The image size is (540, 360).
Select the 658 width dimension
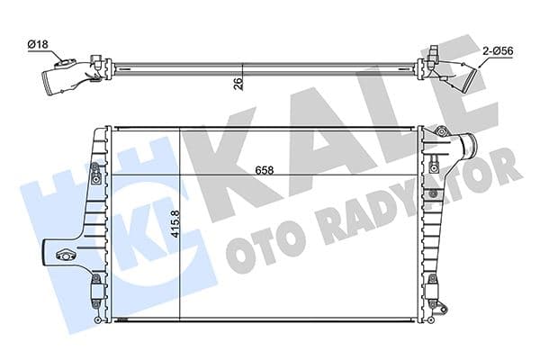click(263, 168)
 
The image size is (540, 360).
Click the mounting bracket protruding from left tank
click(63, 255)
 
